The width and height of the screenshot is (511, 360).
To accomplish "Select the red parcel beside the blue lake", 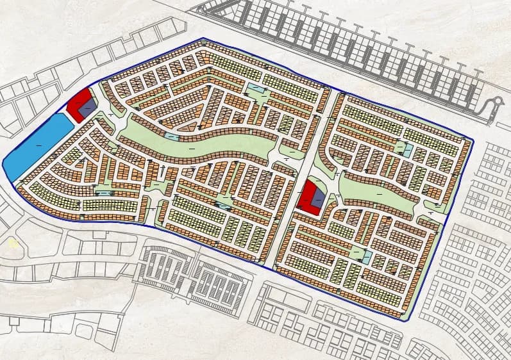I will (x=78, y=104).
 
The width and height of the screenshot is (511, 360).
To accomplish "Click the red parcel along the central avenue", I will (x=310, y=197).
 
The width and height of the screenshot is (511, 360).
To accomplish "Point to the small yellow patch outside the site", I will (x=13, y=243).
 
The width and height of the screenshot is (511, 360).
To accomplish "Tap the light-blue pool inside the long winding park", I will (x=172, y=136).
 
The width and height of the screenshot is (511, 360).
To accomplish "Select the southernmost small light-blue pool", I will (x=367, y=258).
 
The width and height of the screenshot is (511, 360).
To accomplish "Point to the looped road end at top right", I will (x=494, y=105).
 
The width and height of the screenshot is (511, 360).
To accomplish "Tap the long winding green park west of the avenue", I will (x=212, y=144).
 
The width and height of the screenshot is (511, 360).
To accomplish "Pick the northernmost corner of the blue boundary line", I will (x=204, y=38).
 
